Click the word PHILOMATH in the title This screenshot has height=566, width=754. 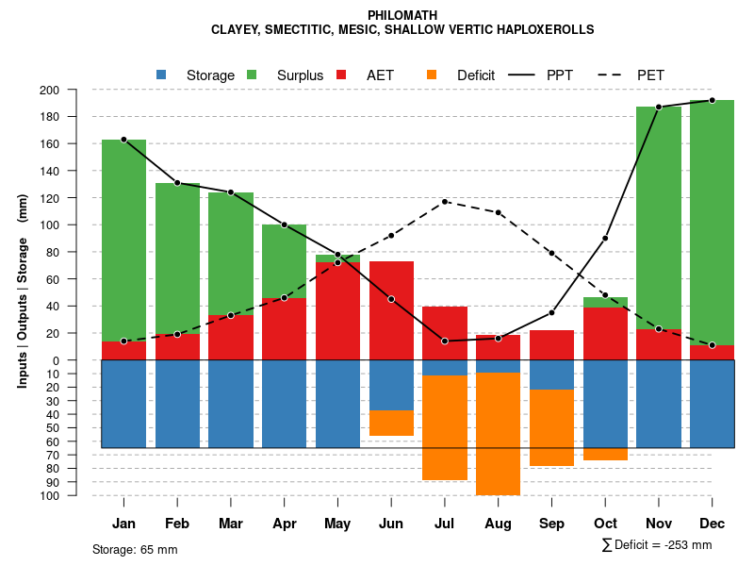coord(402,15)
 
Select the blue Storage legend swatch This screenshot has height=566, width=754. coord(161,75)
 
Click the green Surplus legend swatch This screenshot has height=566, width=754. coord(252,75)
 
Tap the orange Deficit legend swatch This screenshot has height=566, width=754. coord(432,75)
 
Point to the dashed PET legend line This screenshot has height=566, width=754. coord(615,75)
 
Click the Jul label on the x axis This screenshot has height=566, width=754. coord(444,524)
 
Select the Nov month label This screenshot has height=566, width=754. coord(658,524)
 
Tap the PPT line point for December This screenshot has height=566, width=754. coord(712,100)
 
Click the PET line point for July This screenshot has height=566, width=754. coord(445,201)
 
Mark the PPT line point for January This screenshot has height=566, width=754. coord(123,140)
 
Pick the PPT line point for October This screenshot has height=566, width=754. coord(605,238)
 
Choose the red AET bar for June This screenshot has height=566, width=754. coord(391,311)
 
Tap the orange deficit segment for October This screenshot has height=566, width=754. coord(605,454)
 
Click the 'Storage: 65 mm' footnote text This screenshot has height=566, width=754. coord(135,549)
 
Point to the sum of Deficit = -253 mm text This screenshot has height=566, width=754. coord(656,545)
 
